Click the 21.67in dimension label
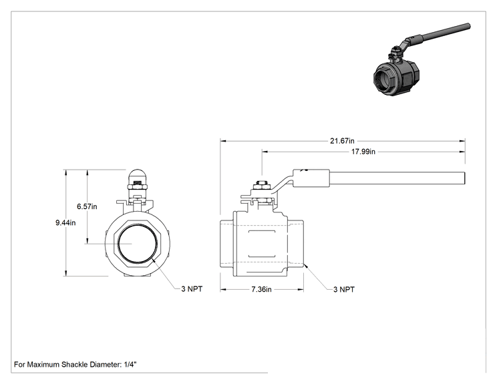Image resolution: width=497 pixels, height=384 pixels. (342, 141)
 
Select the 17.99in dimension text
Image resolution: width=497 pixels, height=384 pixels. (363, 152)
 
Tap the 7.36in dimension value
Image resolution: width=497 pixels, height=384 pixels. (261, 289)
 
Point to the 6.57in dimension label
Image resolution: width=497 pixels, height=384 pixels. (87, 206)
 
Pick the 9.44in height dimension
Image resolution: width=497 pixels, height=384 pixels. (65, 223)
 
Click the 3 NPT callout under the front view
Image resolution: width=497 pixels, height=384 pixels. (192, 289)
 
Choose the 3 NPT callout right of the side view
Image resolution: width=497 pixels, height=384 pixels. (343, 289)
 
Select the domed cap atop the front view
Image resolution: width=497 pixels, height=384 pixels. (137, 175)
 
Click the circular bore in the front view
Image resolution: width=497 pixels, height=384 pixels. (137, 243)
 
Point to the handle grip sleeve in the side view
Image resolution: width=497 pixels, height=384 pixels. (311, 178)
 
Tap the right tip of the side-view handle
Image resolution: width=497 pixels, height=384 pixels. (465, 178)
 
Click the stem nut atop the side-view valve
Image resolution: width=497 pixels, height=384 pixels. (261, 185)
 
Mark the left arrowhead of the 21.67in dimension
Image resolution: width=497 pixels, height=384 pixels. (223, 141)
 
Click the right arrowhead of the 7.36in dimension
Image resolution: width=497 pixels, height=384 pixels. (301, 289)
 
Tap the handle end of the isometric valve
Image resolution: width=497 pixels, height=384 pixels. (468, 26)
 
